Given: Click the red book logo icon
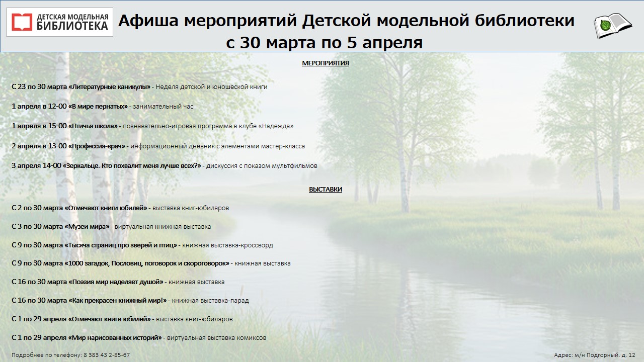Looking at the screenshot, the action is point(22,22).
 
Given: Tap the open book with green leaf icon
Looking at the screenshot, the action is point(612,26).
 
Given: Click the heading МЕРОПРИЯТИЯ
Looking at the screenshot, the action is point(325,63).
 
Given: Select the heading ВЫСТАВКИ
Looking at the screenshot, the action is point(326,190).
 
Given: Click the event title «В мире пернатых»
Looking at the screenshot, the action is point(98,106).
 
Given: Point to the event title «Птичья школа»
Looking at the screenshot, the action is point(93,126).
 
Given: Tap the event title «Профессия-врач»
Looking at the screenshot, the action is point(97,146).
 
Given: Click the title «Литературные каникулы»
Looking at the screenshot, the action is point(110,87).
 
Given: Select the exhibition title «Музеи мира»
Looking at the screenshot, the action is point(87,226).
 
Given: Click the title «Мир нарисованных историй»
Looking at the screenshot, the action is point(115,337).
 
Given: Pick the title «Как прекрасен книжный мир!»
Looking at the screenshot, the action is point(118,301).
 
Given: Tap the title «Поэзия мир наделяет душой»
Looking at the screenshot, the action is point(116,282).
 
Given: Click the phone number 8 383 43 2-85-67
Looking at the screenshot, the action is point(107,355).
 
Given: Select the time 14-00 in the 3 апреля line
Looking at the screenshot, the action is point(51,166).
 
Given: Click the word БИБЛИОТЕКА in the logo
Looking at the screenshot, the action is point(72,26).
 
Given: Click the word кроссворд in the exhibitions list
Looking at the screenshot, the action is point(257,245).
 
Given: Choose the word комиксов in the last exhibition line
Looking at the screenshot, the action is point(252,338).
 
